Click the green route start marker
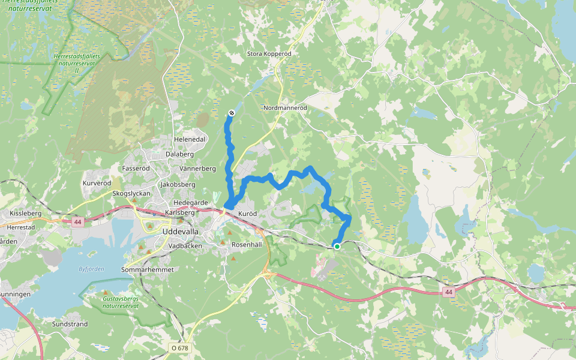(337, 246)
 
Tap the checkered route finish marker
(231, 113)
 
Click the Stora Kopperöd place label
(269, 54)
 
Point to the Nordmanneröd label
(285, 108)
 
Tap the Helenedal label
(190, 139)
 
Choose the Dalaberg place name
(179, 154)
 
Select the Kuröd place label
(247, 214)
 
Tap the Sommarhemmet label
(148, 270)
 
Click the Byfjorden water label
(91, 269)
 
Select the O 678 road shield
(179, 347)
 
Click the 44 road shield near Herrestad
(77, 222)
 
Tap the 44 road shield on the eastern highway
(448, 292)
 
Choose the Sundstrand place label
(70, 324)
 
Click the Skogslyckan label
(132, 194)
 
